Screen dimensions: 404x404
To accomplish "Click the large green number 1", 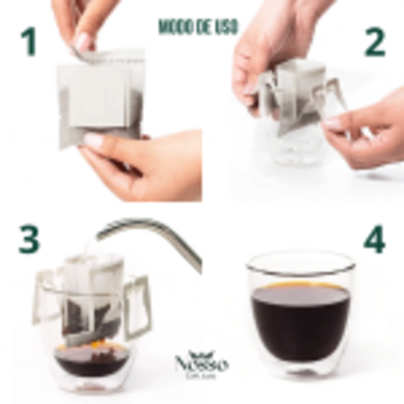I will click(29, 42).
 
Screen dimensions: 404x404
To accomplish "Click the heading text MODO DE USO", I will click(198, 27).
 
